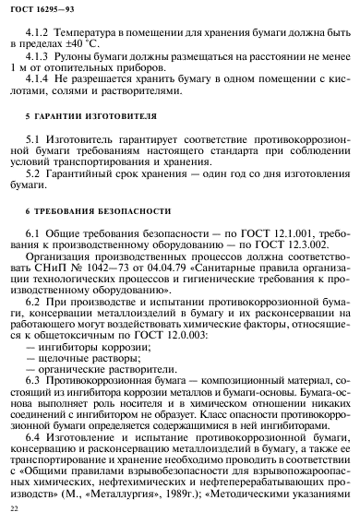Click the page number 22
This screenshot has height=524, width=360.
[x=13, y=508]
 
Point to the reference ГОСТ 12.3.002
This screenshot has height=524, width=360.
[x=279, y=249]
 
